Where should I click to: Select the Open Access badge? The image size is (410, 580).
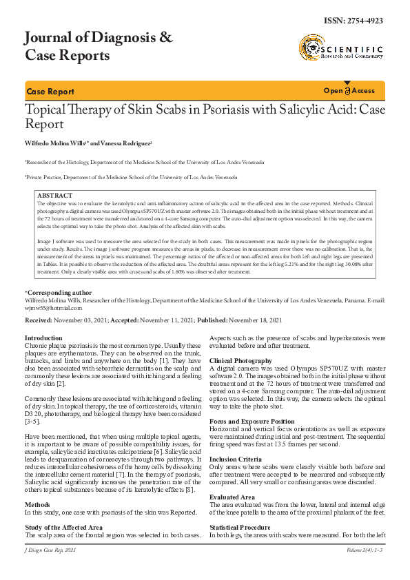coord(349,91)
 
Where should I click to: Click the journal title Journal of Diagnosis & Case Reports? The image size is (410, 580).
coord(99,46)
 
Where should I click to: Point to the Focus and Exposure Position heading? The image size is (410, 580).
coord(252,421)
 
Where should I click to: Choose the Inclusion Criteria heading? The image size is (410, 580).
coord(235,459)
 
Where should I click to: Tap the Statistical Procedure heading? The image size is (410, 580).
coord(240,528)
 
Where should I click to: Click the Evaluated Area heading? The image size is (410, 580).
coord(232,497)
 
